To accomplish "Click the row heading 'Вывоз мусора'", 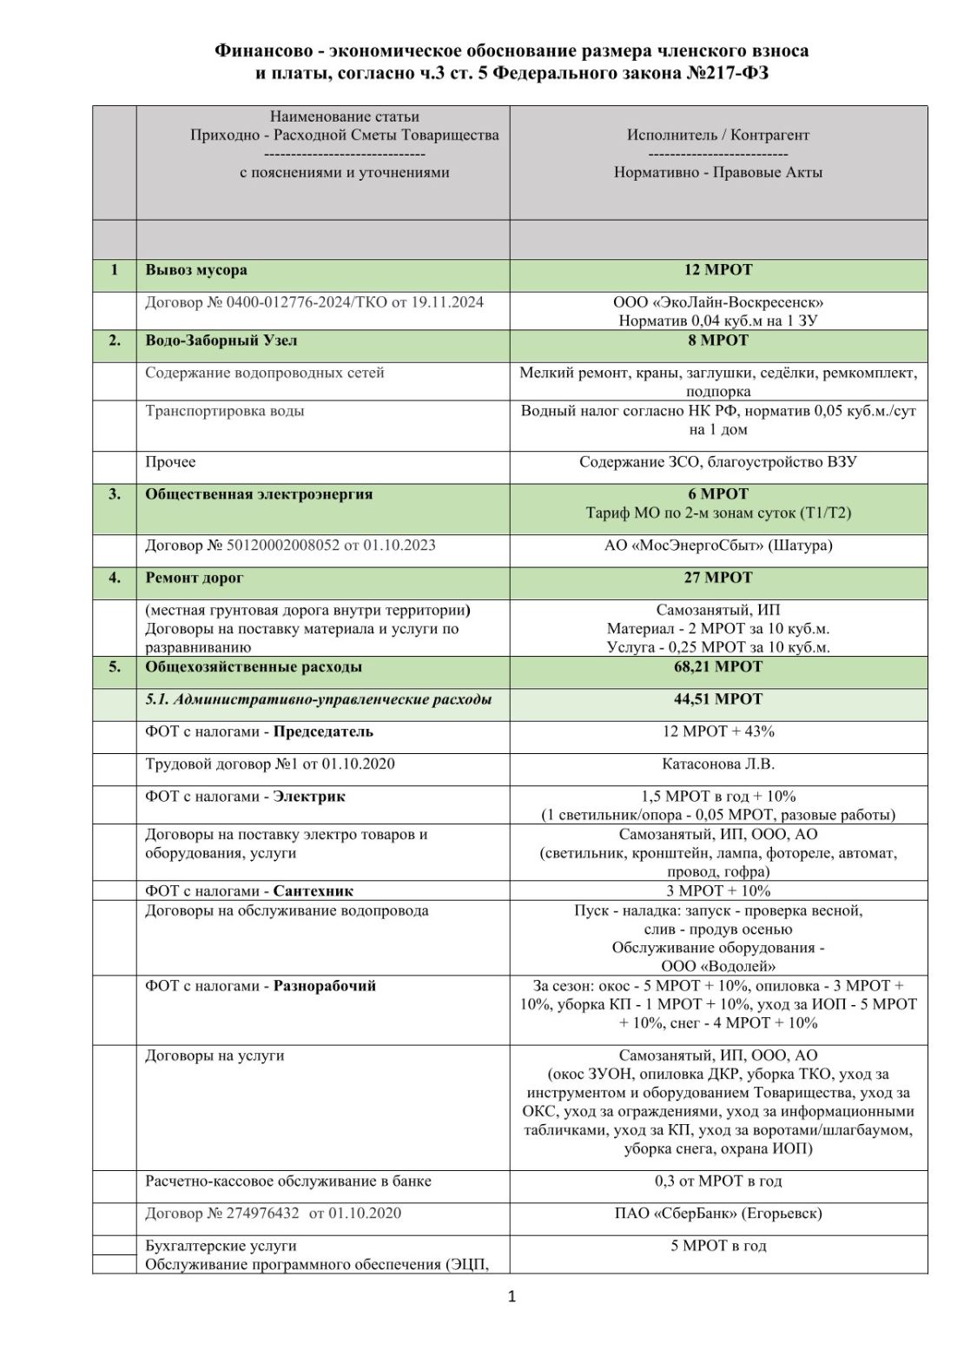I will tap(196, 270).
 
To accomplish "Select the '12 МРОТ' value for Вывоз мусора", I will tap(718, 270).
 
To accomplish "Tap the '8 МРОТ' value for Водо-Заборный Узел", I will tap(718, 341).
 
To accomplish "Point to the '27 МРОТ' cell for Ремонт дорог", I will tap(718, 578).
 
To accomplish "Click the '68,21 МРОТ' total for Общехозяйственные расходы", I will tap(718, 667).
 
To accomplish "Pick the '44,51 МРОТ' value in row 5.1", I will tap(718, 699).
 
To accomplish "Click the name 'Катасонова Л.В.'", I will tap(718, 764).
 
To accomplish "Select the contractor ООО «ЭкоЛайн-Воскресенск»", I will tap(718, 302).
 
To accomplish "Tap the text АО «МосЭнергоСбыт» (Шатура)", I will tap(718, 546).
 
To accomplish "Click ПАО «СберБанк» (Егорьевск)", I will tap(718, 1214).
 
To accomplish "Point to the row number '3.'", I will tap(115, 494).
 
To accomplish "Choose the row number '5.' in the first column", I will tap(115, 667).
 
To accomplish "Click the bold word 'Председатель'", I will tap(323, 731).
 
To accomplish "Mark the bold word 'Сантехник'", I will tap(313, 891).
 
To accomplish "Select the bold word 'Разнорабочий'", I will tap(325, 986).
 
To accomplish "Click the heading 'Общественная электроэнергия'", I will tap(259, 494).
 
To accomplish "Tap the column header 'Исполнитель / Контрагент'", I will tap(718, 135).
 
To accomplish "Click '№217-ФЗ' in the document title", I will tap(728, 74).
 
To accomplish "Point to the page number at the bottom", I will tap(512, 1297).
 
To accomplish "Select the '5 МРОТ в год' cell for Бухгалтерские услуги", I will tap(718, 1246).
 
